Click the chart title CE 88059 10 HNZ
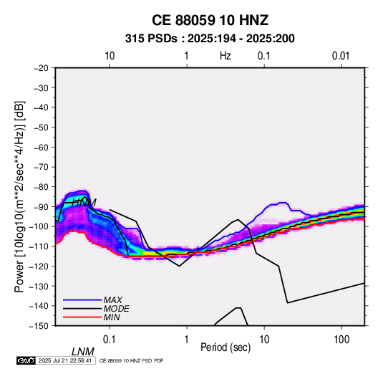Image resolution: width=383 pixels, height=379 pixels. click(210, 20)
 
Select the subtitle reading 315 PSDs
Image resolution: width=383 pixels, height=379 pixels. click(151, 39)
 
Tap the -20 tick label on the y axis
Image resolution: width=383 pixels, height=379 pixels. click(41, 68)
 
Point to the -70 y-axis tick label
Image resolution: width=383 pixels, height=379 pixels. click(41, 167)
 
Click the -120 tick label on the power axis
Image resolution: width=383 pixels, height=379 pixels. click(39, 267)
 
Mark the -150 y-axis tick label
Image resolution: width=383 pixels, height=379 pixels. click(39, 326)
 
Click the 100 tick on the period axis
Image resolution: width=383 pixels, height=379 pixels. click(341, 340)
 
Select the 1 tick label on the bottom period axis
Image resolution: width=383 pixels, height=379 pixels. click(187, 340)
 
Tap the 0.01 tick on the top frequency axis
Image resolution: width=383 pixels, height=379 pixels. click(341, 56)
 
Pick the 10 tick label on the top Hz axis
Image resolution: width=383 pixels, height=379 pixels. click(110, 56)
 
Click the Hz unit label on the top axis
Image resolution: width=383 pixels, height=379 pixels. click(226, 56)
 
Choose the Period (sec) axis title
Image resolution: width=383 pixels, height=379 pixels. click(226, 347)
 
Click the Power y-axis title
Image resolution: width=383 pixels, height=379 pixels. click(19, 196)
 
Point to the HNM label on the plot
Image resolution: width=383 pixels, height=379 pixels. click(84, 203)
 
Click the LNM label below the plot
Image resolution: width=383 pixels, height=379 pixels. click(82, 352)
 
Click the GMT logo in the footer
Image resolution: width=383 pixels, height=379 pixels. click(26, 360)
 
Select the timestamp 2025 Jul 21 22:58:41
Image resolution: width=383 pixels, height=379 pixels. click(65, 360)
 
